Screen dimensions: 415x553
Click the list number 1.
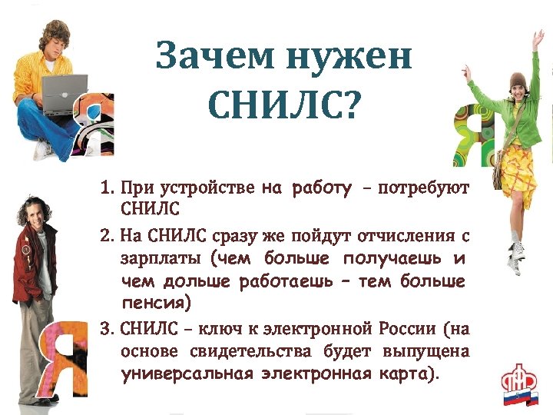(108, 188)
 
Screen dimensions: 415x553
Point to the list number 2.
(108, 236)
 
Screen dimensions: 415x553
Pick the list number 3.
(108, 329)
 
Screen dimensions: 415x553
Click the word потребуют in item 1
(424, 188)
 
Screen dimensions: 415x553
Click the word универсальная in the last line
(187, 375)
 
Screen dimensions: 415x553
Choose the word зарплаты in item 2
(161, 258)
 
